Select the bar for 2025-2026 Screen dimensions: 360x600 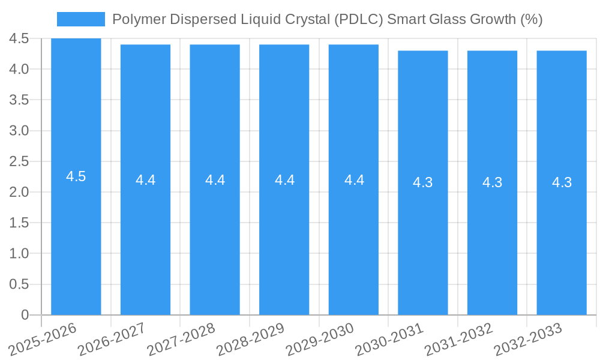click(x=76, y=240)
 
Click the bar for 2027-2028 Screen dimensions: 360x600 click(x=215, y=240)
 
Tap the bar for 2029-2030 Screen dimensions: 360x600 click(x=353, y=240)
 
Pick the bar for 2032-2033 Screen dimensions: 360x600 click(x=562, y=240)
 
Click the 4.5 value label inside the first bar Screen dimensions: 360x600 click(x=76, y=176)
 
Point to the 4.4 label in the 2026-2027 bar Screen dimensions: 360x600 click(x=145, y=180)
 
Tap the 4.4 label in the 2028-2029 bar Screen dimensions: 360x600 click(x=284, y=180)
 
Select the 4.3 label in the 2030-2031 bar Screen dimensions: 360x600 click(x=423, y=182)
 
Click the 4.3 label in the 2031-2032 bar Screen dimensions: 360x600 click(x=492, y=182)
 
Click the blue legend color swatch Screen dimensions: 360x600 click(x=81, y=19)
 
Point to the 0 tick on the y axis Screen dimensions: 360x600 click(x=25, y=315)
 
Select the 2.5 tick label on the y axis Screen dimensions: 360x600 click(x=19, y=161)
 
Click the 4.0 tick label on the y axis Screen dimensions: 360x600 click(x=19, y=69)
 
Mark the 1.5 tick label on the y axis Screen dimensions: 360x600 click(x=19, y=223)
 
